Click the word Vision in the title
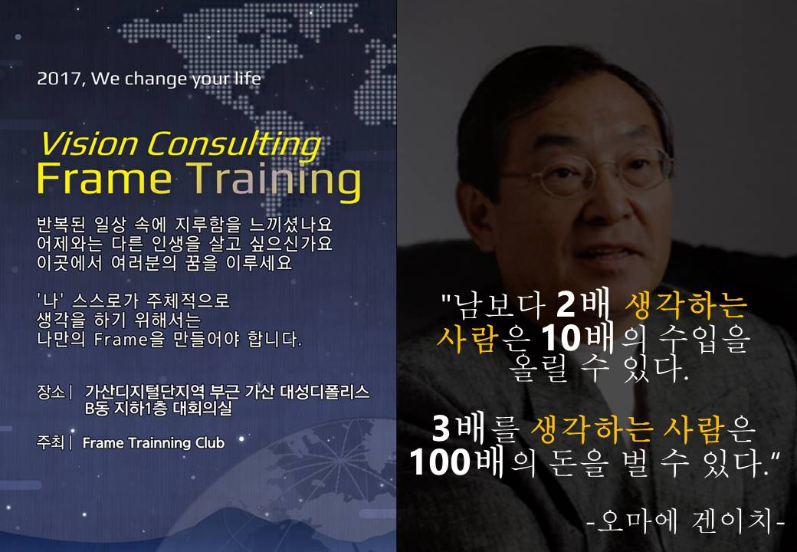pyautogui.click(x=88, y=144)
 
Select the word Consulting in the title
pyautogui.click(x=235, y=145)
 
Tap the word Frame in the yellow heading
pyautogui.click(x=104, y=179)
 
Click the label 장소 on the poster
pyautogui.click(x=51, y=392)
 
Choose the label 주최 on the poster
pyautogui.click(x=51, y=442)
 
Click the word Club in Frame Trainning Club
pyautogui.click(x=210, y=442)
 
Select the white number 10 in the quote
pyautogui.click(x=561, y=338)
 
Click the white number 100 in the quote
pyautogui.click(x=440, y=462)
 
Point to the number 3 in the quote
pyautogui.click(x=441, y=429)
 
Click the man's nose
pyautogui.click(x=609, y=203)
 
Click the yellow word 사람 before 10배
pyautogui.click(x=466, y=338)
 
